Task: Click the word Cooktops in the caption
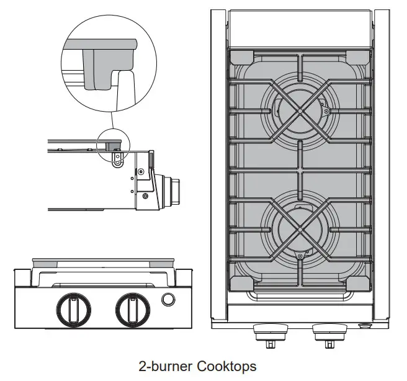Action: pos(226,366)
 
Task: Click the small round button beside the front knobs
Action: pos(168,300)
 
